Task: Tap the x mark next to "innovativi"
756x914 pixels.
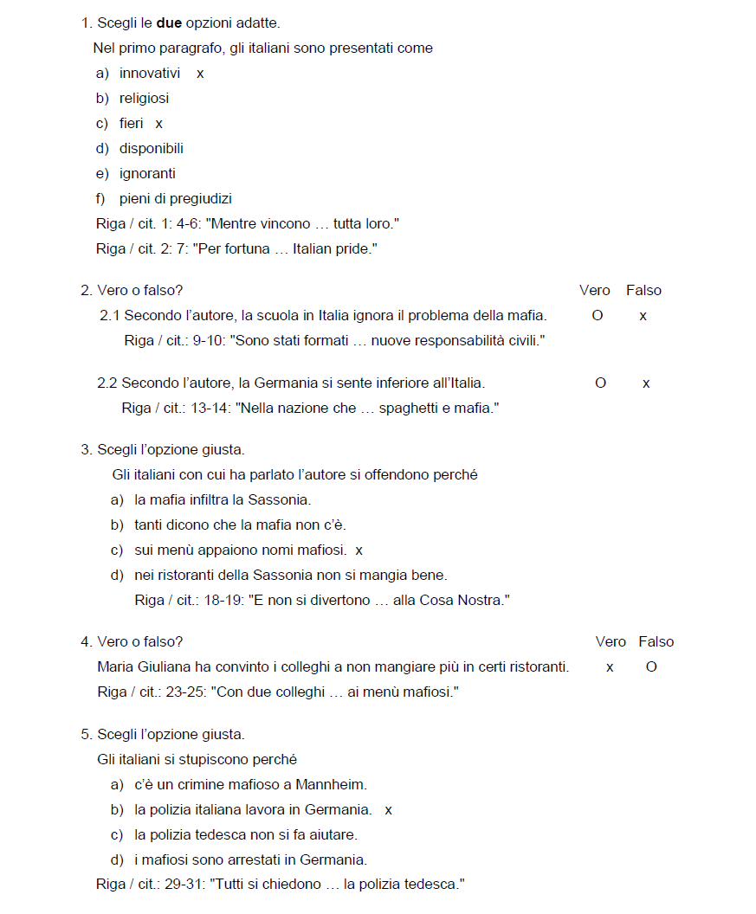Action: pos(200,74)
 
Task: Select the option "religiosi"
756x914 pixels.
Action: pos(144,99)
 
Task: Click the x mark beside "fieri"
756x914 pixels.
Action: pos(159,125)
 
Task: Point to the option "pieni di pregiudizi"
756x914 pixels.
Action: pos(176,199)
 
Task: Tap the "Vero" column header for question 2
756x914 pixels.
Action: pos(594,291)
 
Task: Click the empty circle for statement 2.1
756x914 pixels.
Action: pos(598,316)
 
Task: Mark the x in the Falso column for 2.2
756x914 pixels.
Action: pos(646,383)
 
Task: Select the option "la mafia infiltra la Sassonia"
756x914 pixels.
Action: pos(223,500)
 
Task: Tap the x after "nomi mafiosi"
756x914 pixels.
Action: pos(359,550)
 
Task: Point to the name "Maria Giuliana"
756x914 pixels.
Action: pos(141,667)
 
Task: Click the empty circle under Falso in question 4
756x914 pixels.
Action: pos(651,667)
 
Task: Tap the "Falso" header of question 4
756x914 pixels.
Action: pos(656,642)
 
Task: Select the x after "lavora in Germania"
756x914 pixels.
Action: pos(389,811)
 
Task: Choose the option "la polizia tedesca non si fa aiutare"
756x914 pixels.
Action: pos(246,835)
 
